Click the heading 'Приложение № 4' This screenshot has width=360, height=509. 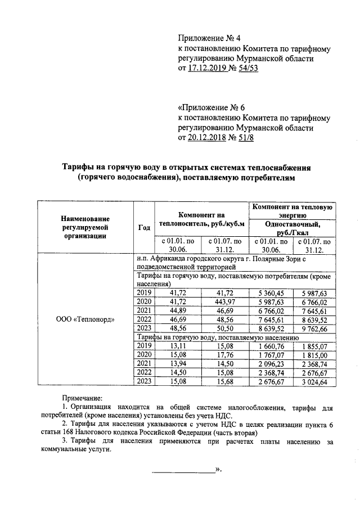click(209, 38)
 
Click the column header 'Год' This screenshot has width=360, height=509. click(143, 227)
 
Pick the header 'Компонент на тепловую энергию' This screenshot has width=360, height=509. click(293, 211)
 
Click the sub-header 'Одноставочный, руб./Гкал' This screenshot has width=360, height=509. click(293, 228)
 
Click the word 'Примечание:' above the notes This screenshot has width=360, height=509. click(82, 398)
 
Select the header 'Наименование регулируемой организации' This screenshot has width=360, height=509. click(86, 227)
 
